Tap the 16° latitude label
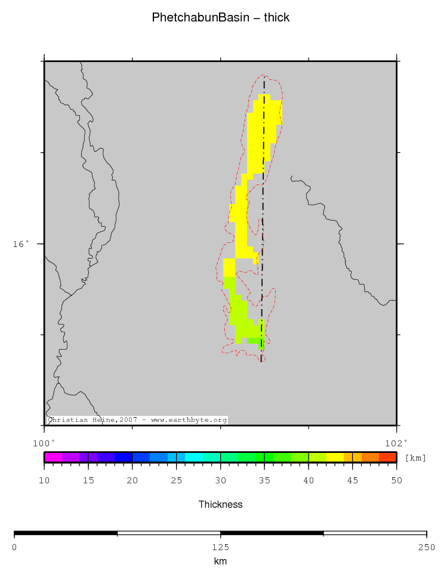tap(21, 244)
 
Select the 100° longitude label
tap(44, 442)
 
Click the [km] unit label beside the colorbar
tap(415, 458)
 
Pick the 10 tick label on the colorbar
tap(44, 480)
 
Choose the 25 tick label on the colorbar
tap(176, 480)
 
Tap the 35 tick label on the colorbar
tap(264, 480)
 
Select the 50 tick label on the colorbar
tap(396, 480)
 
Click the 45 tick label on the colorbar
tap(352, 480)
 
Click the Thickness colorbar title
tap(220, 504)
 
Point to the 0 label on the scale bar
tap(14, 547)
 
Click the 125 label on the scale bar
tap(220, 547)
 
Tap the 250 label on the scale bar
tap(426, 547)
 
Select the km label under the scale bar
tap(220, 561)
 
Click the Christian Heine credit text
tap(137, 420)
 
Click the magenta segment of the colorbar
tap(53, 458)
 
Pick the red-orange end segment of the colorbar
tap(388, 458)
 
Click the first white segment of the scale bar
tap(169, 533)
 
